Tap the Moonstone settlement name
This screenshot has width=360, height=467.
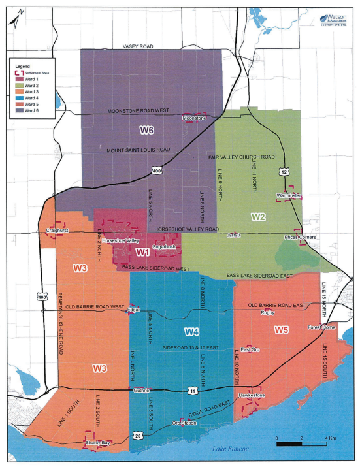tap(194, 118)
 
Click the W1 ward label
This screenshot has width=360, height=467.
tap(143, 251)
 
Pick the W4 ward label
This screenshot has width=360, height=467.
tap(191, 330)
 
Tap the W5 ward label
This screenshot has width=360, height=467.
tap(281, 330)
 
